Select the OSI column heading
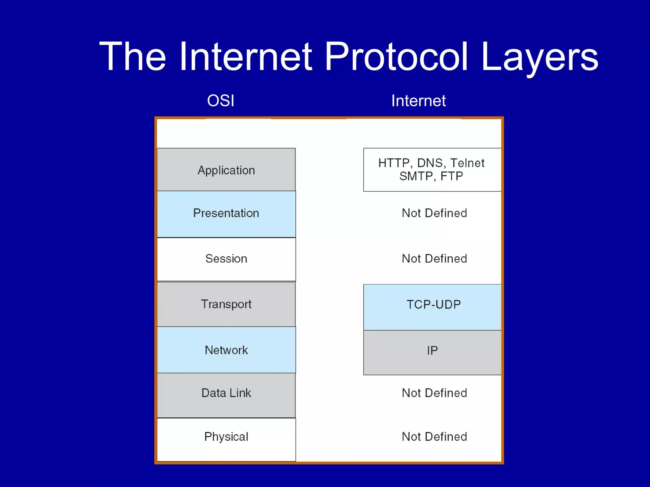[x=221, y=101]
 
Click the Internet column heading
[x=418, y=101]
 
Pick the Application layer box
[x=226, y=170]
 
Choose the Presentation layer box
[x=226, y=213]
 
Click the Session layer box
[x=226, y=259]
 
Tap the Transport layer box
[x=226, y=304]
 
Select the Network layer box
[x=226, y=350]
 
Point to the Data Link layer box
[x=226, y=393]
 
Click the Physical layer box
[x=226, y=437]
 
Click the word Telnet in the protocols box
[x=467, y=163]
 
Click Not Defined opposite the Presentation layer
[x=434, y=213]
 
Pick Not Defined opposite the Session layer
[x=434, y=259]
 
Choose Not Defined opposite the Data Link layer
[x=434, y=393]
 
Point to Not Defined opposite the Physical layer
[x=434, y=437]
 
